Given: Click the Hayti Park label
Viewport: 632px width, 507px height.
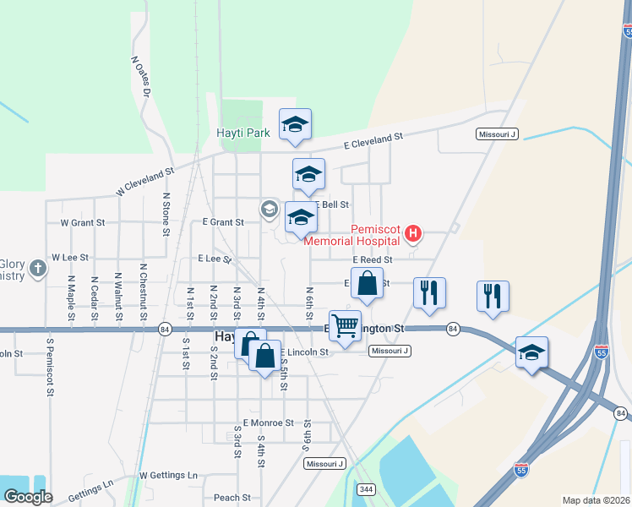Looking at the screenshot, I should coord(242,133).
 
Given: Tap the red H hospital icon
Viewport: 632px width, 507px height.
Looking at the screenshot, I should coord(413,232).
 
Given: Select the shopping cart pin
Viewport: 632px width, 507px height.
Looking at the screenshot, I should coord(345,324).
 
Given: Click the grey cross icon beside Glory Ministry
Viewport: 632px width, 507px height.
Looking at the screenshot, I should coord(37,269).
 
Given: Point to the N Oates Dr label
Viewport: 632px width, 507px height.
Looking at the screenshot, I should coord(139,76).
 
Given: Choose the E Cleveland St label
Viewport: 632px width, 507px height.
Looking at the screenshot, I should coord(373,139).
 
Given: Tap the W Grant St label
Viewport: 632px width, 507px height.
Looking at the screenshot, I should coord(82,223).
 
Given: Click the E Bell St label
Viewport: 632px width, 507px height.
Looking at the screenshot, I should coord(331,205).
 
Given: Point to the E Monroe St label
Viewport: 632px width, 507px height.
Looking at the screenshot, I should coord(268,422).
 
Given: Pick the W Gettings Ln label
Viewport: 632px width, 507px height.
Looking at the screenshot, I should coord(168,476).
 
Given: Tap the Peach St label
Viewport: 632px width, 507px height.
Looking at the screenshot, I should coord(232,498).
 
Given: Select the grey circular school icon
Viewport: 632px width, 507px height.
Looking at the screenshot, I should coord(270,209).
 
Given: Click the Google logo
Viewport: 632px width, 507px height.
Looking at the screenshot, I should coord(27,497).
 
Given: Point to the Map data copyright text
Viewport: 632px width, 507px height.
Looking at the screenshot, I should coord(597,500).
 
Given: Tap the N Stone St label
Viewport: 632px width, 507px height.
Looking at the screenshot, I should coord(166,213).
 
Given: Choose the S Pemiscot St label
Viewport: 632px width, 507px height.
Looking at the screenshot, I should coord(51,367).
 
